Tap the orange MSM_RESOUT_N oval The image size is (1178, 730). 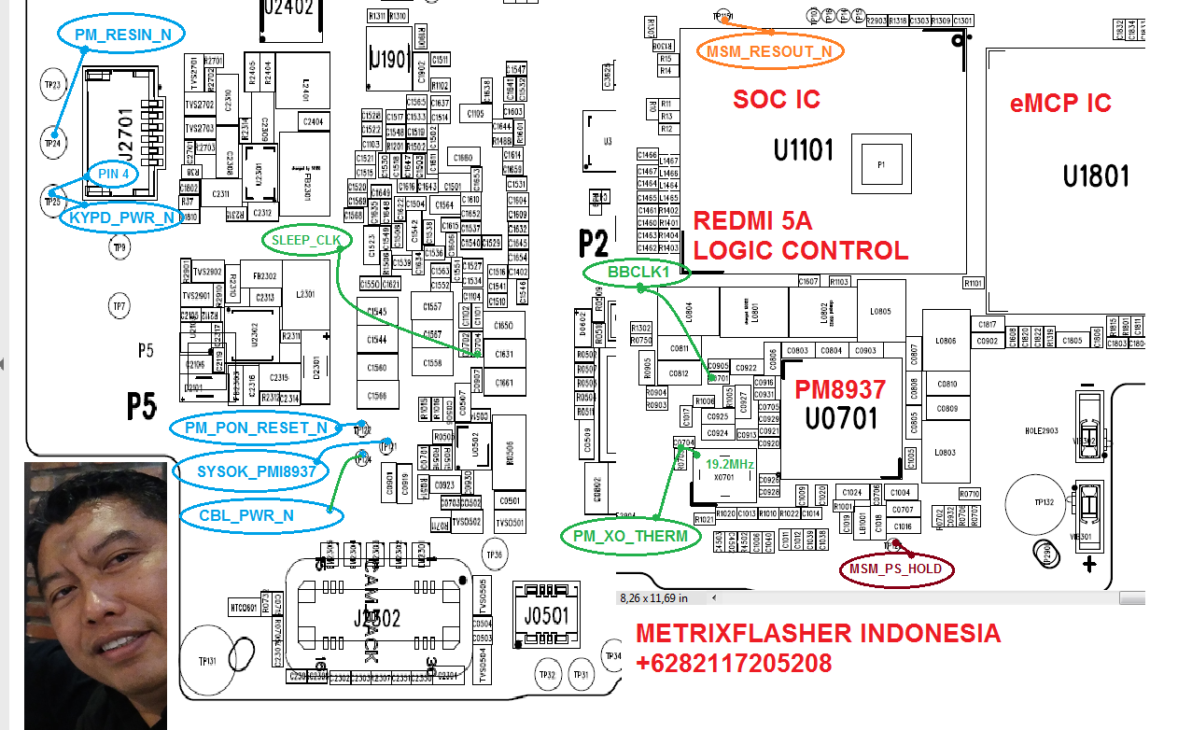click(x=770, y=51)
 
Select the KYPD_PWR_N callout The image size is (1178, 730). click(x=122, y=218)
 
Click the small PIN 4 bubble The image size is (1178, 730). click(x=113, y=174)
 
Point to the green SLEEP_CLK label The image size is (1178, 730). click(x=307, y=240)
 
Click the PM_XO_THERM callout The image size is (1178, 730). click(x=630, y=536)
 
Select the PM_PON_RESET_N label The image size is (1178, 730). click(x=255, y=428)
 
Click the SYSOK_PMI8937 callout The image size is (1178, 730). click(x=257, y=471)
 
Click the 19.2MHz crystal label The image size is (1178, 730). click(x=730, y=464)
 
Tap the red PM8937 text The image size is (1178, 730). click(x=840, y=389)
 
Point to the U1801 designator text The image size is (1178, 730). click(x=1096, y=175)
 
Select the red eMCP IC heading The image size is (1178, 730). click(x=1060, y=103)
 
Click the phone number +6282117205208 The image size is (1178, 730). click(x=733, y=664)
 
